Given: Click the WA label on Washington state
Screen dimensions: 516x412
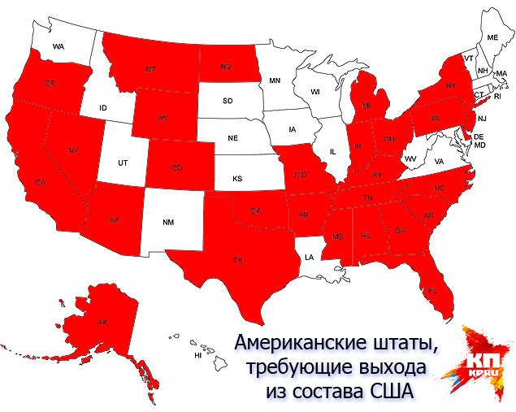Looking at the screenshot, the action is click(x=59, y=47).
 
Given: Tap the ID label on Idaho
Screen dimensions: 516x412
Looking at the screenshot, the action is click(x=104, y=108).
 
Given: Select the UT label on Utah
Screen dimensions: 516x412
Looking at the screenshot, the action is click(x=123, y=163).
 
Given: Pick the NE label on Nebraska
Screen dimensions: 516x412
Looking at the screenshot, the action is click(x=233, y=138).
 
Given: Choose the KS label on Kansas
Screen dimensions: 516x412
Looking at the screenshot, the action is click(x=239, y=177).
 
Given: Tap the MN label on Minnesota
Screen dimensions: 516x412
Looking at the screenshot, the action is click(x=275, y=80).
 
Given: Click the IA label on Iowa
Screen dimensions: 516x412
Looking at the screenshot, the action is click(x=292, y=128).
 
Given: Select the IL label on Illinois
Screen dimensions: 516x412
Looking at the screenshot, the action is click(x=333, y=152).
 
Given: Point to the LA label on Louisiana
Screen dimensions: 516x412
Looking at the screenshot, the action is click(x=309, y=257).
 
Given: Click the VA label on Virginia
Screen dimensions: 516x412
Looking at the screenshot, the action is click(x=439, y=163).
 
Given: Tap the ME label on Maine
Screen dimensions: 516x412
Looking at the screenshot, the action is click(x=492, y=38).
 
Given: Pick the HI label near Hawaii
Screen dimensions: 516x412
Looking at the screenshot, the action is click(x=197, y=356).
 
